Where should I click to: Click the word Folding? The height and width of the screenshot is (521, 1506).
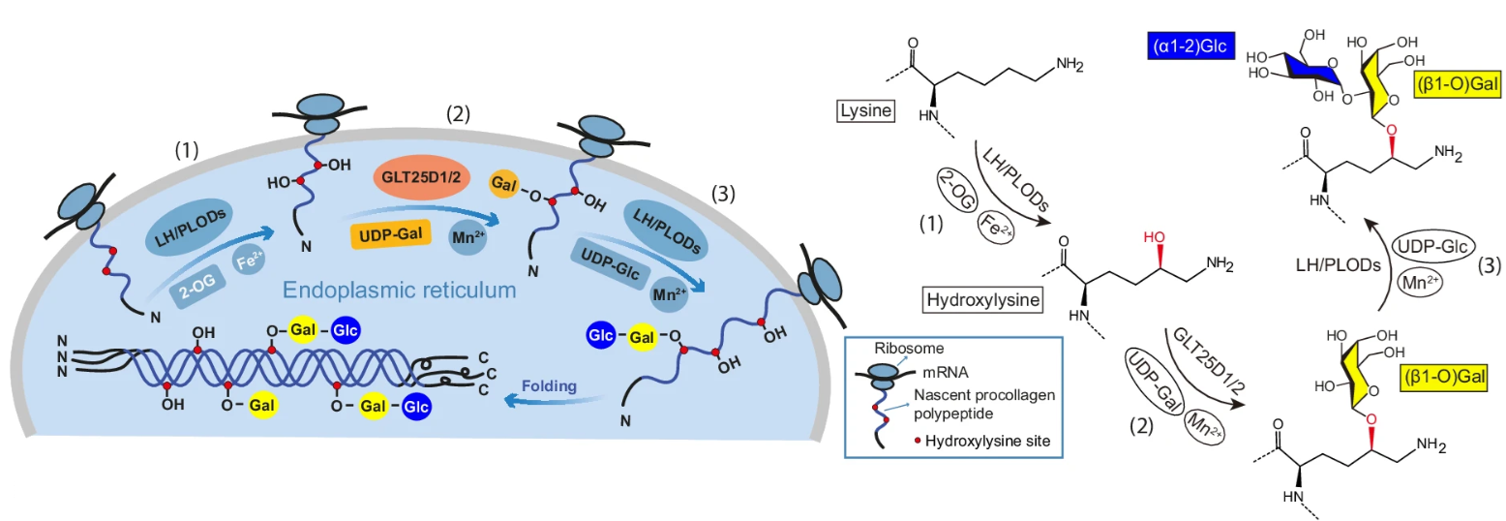click(x=550, y=385)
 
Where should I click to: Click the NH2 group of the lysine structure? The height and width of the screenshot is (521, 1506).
click(x=1069, y=65)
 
